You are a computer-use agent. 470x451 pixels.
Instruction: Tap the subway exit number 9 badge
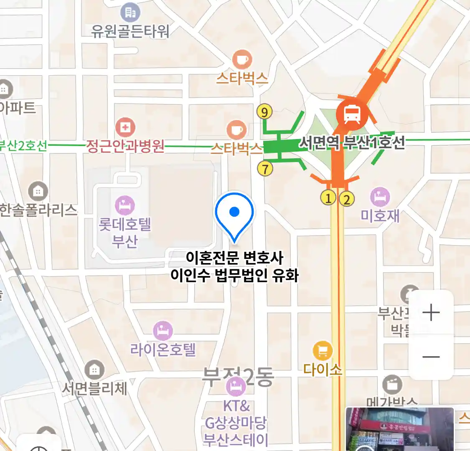pos(264,112)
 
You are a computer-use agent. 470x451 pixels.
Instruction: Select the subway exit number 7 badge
pos(265,169)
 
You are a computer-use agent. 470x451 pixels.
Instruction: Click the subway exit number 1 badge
pos(328,198)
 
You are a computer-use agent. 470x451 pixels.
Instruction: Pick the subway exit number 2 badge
pos(346,199)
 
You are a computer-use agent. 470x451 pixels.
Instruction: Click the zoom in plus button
pos(431,312)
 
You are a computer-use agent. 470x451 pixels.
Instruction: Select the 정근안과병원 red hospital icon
pos(125,127)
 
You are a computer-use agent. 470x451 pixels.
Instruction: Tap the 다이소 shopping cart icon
pos(323,352)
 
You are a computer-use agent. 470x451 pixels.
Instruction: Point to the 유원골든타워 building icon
pos(130,13)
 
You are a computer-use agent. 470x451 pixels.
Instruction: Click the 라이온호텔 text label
pos(163,349)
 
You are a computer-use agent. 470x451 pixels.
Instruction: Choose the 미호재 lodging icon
pos(380,197)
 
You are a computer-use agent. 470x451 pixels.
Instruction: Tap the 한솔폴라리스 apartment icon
pos(38,192)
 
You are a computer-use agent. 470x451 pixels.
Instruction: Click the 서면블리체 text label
pos(94,389)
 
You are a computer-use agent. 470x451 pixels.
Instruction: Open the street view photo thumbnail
pos(400,429)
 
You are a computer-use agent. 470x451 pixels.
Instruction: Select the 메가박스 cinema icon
pos(392,385)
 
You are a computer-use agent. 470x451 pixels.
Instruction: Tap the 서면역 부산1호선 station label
pos(352,143)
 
